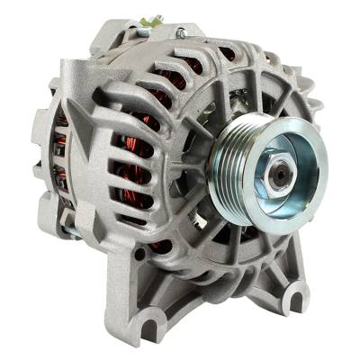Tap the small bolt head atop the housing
[180, 34]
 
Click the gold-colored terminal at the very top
[154, 21]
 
